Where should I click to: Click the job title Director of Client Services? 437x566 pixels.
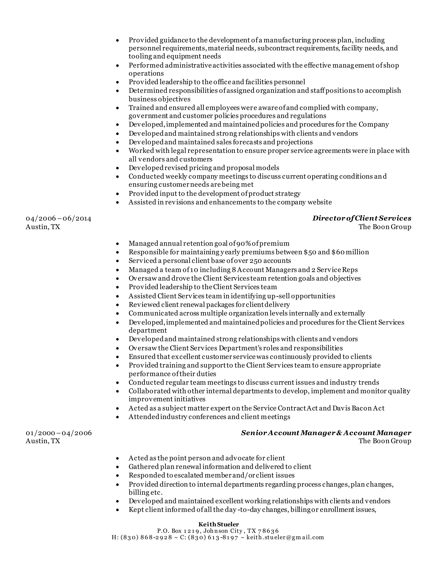pos(362,218)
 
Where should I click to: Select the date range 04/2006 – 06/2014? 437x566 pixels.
pos(58,218)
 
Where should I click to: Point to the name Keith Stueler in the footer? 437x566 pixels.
pos(218,524)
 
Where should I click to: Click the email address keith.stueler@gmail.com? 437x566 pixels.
pos(285,537)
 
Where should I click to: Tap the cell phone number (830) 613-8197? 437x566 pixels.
pos(213,537)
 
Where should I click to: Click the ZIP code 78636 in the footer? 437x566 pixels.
pos(268,531)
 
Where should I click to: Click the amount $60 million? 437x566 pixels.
pos(350,252)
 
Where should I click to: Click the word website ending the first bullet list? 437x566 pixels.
pos(319,202)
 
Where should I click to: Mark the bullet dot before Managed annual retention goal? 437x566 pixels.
pos(118,244)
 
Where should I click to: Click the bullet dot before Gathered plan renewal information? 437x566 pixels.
pos(118,467)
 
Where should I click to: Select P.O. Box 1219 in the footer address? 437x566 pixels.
pos(177,531)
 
